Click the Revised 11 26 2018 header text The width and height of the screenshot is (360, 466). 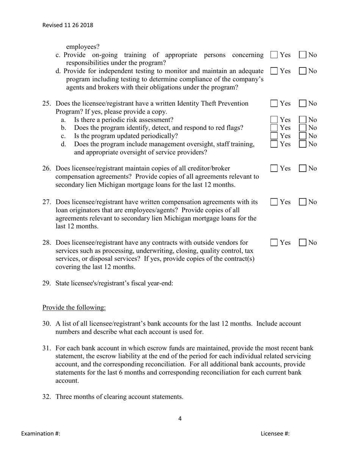point(67,25)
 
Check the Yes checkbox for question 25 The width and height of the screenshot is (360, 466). point(274,103)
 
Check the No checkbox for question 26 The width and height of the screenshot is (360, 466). point(303,169)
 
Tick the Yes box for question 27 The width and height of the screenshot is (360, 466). point(274,202)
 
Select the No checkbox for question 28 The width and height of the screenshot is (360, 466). point(303,242)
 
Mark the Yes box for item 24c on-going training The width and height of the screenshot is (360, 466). point(274,55)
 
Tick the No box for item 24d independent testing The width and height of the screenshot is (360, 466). point(303,71)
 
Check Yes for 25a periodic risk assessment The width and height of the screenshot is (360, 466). point(274,120)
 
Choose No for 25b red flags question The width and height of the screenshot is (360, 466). point(303,128)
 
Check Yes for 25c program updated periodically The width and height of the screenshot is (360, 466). point(274,136)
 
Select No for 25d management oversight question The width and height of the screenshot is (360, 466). point(303,144)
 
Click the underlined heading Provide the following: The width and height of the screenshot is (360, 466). point(74,307)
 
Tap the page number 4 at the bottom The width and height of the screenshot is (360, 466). point(180,419)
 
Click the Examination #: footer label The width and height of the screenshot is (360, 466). point(41,434)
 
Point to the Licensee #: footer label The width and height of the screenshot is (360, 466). point(275,434)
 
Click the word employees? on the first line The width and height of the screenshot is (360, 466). point(83,47)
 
